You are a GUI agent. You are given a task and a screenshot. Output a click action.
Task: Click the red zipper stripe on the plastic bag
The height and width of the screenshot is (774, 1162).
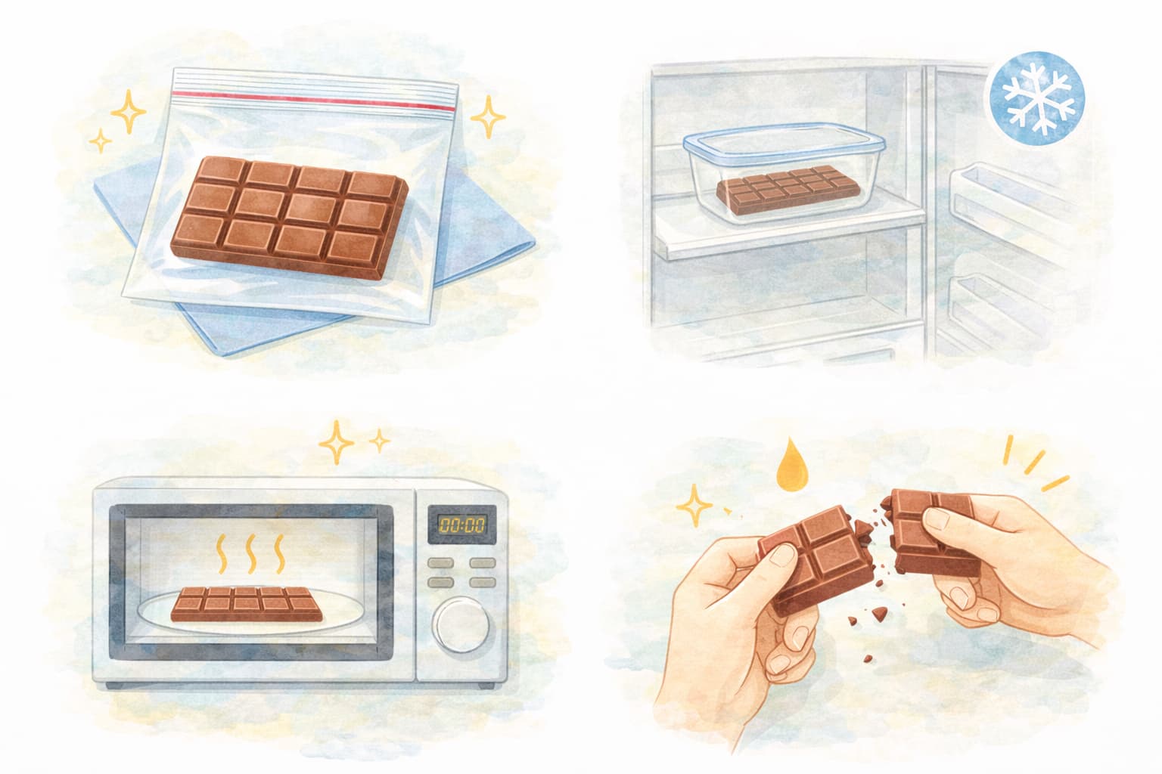[314, 101]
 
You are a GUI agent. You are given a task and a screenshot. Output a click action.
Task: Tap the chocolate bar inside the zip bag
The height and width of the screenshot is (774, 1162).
[290, 217]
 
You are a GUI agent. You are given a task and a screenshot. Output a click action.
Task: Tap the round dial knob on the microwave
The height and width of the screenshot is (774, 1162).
[461, 624]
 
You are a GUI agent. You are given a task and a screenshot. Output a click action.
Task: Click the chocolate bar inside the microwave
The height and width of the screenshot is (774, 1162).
[247, 604]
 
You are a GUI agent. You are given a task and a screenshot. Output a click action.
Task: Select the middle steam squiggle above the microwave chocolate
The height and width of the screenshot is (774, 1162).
[252, 554]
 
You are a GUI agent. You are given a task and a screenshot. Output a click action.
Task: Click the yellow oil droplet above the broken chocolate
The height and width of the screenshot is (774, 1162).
[791, 466]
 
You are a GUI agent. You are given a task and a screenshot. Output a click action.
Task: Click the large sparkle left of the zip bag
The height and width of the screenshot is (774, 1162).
[128, 111]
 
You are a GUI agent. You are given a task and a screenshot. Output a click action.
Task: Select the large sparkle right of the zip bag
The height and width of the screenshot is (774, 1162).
[488, 116]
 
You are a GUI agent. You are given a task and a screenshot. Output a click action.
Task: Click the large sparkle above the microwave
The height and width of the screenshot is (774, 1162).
[336, 442]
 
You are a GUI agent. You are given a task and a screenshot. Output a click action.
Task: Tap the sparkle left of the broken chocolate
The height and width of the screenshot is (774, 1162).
[694, 506]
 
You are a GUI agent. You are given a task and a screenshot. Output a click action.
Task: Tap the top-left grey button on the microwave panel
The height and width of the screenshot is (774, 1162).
[440, 563]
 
